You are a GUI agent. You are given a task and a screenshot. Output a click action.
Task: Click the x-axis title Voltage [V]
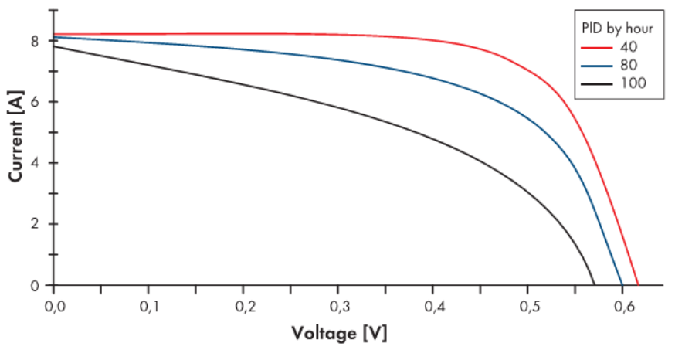(x=339, y=334)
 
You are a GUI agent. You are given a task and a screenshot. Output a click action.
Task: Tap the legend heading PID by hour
(x=618, y=28)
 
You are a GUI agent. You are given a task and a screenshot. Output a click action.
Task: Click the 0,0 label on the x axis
(x=54, y=307)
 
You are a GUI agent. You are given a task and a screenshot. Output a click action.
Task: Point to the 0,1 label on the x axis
(x=149, y=307)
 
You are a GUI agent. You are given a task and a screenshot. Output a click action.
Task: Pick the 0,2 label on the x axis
(x=244, y=307)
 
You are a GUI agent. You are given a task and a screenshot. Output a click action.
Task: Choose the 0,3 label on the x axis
(x=338, y=307)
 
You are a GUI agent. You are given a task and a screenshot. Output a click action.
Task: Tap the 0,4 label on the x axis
(x=433, y=307)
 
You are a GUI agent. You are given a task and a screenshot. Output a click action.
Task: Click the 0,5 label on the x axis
(x=528, y=307)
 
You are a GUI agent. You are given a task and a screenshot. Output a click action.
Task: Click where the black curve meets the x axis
(x=594, y=285)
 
